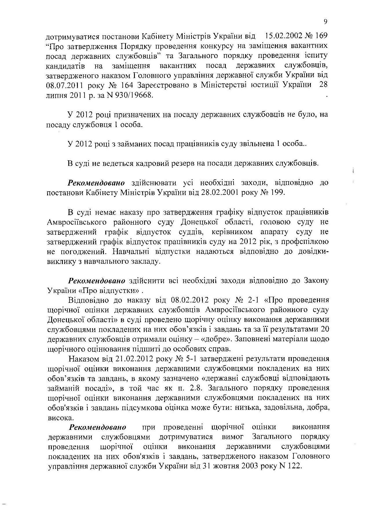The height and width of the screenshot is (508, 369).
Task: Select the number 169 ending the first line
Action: click(x=321, y=36)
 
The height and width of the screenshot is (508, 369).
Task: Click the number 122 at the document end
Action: click(x=295, y=466)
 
